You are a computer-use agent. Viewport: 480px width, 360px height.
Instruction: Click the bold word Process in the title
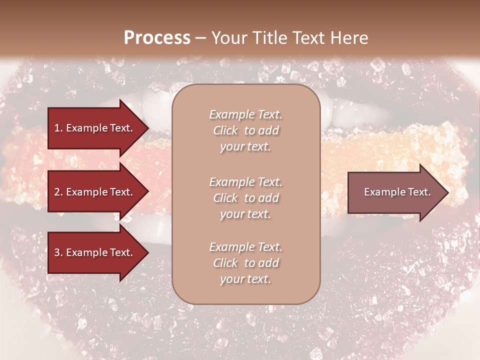(x=157, y=38)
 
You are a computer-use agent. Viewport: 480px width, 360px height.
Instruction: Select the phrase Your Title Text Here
(x=289, y=38)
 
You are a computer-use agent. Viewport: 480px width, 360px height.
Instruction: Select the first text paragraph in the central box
(x=245, y=130)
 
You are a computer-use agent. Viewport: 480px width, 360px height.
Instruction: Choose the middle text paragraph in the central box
(x=245, y=197)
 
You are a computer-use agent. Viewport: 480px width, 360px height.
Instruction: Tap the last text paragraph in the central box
(x=245, y=263)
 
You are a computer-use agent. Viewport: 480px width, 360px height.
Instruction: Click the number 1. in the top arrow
(x=58, y=128)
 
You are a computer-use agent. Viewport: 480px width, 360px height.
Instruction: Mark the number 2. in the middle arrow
(x=58, y=192)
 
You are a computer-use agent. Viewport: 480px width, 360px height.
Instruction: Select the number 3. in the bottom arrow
(x=58, y=252)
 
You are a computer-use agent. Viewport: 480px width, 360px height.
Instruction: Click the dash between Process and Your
(x=201, y=38)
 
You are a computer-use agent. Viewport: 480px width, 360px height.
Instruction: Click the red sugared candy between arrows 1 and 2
(x=30, y=160)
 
